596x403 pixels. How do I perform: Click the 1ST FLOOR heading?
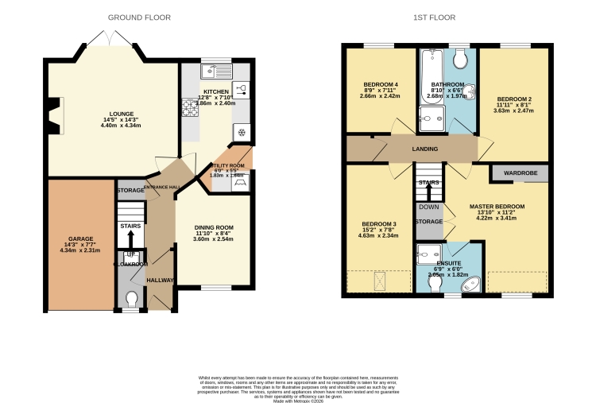click(x=434, y=17)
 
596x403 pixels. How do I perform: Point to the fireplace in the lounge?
click(x=52, y=113)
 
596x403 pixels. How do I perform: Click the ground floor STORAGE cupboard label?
click(x=131, y=191)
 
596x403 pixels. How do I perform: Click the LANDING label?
click(x=425, y=149)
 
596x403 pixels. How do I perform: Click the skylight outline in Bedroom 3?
click(x=378, y=281)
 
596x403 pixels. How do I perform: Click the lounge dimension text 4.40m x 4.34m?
click(x=122, y=126)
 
